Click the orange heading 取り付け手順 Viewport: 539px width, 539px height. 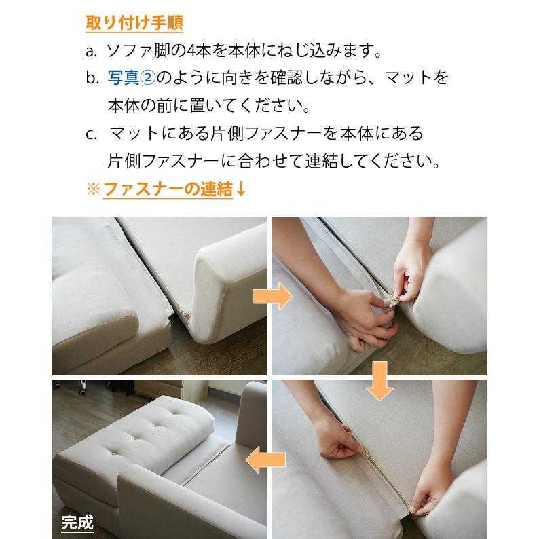coord(134,22)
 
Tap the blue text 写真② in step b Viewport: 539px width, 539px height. coord(132,77)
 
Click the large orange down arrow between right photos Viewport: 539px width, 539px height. coord(379,382)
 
